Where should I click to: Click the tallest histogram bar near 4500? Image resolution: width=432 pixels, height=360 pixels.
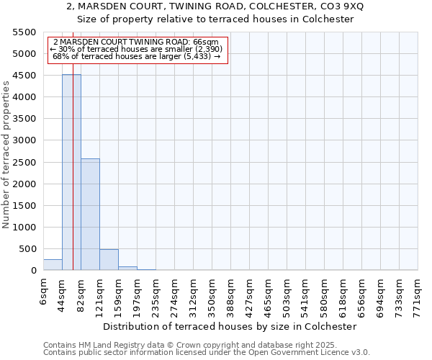coord(71,173)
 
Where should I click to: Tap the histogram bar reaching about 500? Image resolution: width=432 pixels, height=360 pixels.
coord(109,260)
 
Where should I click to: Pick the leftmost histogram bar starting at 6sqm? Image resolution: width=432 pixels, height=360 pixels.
coord(53,265)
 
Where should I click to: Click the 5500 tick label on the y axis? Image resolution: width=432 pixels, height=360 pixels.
coord(24,32)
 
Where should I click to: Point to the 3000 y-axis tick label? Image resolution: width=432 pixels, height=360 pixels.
coord(24,140)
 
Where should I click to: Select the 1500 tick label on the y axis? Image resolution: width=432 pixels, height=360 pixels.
coord(24,206)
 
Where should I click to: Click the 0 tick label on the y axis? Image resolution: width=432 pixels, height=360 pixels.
coord(32,271)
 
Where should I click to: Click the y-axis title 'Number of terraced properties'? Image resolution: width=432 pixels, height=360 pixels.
coord(6,155)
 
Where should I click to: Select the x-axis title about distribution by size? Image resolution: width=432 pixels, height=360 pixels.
coord(230,326)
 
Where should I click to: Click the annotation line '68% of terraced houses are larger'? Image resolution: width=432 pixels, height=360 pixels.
coord(137,56)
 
